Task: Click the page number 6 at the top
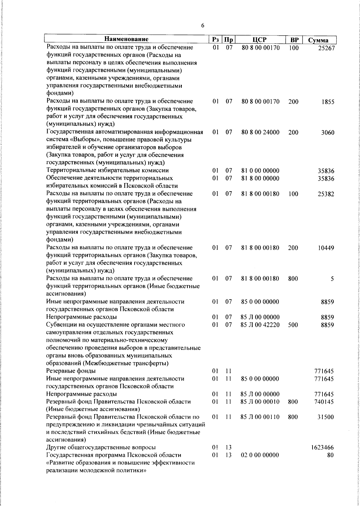coord(202,26)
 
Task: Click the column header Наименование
coord(126,39)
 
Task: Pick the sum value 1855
coord(328,102)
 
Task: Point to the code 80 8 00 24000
coord(260,132)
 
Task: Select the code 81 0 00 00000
coord(260,171)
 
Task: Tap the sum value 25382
coord(326,194)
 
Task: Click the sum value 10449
coord(326,248)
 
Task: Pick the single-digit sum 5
coord(332,279)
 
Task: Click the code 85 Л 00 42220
coord(260,324)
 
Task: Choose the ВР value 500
coord(293,324)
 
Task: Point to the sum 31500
coord(326,417)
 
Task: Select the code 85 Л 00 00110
coord(260,417)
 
